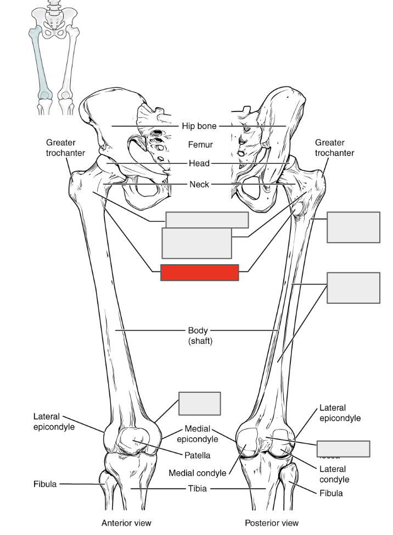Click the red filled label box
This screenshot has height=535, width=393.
click(x=199, y=272)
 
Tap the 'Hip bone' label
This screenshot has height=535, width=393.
click(x=199, y=126)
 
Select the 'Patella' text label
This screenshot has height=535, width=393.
click(x=197, y=455)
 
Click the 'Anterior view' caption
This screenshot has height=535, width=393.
click(x=126, y=523)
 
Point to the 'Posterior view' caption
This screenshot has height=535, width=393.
click(x=273, y=523)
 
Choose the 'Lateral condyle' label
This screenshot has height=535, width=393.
click(x=333, y=474)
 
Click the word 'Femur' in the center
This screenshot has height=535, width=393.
click(x=200, y=145)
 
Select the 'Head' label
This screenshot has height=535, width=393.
click(x=199, y=164)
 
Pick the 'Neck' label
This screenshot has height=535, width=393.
click(x=199, y=185)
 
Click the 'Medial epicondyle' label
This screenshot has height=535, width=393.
click(x=198, y=433)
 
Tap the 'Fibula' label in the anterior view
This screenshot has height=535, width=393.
click(x=44, y=484)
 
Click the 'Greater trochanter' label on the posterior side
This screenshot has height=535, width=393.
click(x=334, y=148)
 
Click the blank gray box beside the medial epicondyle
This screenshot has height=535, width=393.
click(x=200, y=404)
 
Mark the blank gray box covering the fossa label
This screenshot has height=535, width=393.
click(x=343, y=449)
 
